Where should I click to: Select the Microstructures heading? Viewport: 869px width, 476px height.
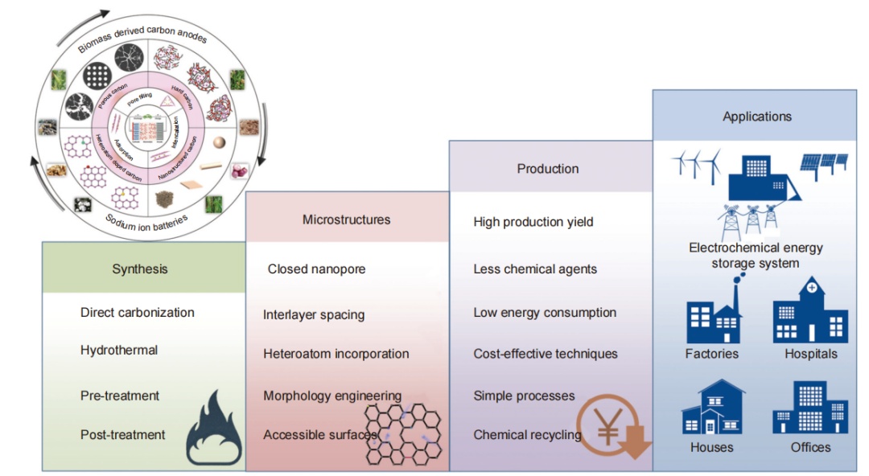[x=346, y=220]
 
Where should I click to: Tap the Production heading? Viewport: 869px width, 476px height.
[x=547, y=169]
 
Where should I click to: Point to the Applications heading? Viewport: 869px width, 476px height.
[x=756, y=117]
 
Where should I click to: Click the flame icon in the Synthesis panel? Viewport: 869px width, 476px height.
[x=213, y=429]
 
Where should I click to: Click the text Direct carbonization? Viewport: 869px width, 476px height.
[x=138, y=313]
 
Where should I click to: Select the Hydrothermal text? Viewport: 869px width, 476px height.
[x=119, y=351]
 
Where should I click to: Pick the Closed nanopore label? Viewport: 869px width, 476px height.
[x=316, y=269]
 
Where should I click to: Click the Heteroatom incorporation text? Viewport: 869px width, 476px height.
[x=336, y=354]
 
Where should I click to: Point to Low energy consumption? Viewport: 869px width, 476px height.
[x=545, y=313]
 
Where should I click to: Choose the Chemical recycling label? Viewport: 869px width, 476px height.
[x=527, y=435]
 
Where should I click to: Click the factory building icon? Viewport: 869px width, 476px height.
[x=712, y=314]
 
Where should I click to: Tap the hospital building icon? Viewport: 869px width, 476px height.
[x=810, y=311]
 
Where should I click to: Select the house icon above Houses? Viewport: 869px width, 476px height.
[x=712, y=408]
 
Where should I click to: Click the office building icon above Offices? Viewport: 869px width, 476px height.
[x=810, y=408]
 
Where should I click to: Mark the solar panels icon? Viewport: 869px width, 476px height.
[x=822, y=165]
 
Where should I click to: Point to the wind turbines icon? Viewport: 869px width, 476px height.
[x=697, y=165]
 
